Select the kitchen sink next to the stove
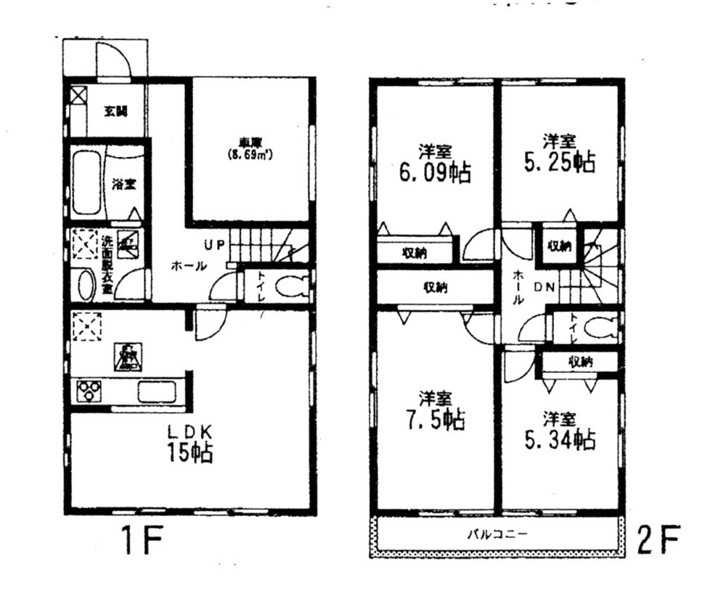157,391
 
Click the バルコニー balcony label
497,534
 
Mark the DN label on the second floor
545,287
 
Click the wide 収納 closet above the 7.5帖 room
436,287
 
